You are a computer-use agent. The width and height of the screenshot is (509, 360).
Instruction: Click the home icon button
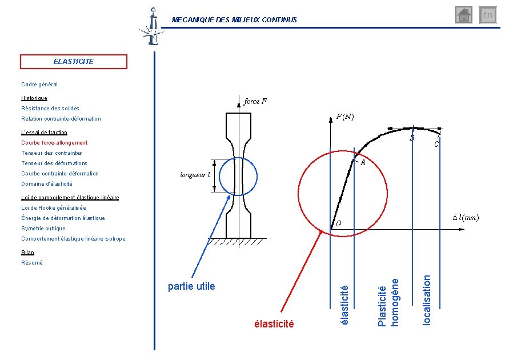pyautogui.click(x=463, y=15)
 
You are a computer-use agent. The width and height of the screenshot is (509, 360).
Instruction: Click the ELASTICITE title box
pyautogui.click(x=74, y=62)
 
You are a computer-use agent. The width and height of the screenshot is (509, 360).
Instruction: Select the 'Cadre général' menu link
pyautogui.click(x=39, y=85)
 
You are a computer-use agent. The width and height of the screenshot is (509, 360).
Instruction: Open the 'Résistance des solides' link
pyautogui.click(x=50, y=109)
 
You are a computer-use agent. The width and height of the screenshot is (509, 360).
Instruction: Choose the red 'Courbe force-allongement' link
pyautogui.click(x=54, y=143)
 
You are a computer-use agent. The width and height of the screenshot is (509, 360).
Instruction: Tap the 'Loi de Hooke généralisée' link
pyautogui.click(x=54, y=208)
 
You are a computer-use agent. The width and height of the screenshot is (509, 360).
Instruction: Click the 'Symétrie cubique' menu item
pyautogui.click(x=43, y=229)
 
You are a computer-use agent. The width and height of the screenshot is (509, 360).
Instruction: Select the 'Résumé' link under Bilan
pyautogui.click(x=32, y=263)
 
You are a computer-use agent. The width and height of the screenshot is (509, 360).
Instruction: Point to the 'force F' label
pyautogui.click(x=255, y=102)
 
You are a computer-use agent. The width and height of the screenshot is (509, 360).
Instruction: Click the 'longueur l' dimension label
pyautogui.click(x=195, y=175)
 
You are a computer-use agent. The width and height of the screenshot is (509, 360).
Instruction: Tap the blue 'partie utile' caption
pyautogui.click(x=191, y=286)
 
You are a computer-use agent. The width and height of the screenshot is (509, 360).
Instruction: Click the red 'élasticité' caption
pyautogui.click(x=274, y=323)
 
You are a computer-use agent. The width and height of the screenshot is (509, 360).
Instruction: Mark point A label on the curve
pyautogui.click(x=363, y=163)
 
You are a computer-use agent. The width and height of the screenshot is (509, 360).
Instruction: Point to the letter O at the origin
pyautogui.click(x=339, y=223)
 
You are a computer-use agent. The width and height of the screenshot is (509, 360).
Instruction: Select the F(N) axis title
pyautogui.click(x=344, y=117)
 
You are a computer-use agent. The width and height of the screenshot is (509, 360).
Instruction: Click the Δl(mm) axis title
pyautogui.click(x=466, y=218)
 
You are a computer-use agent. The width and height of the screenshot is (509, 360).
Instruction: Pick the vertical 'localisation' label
pyautogui.click(x=427, y=300)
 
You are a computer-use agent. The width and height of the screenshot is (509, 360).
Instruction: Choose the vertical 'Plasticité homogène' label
pyautogui.click(x=388, y=302)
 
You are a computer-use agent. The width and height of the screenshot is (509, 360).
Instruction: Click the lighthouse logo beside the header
pyautogui.click(x=152, y=27)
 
